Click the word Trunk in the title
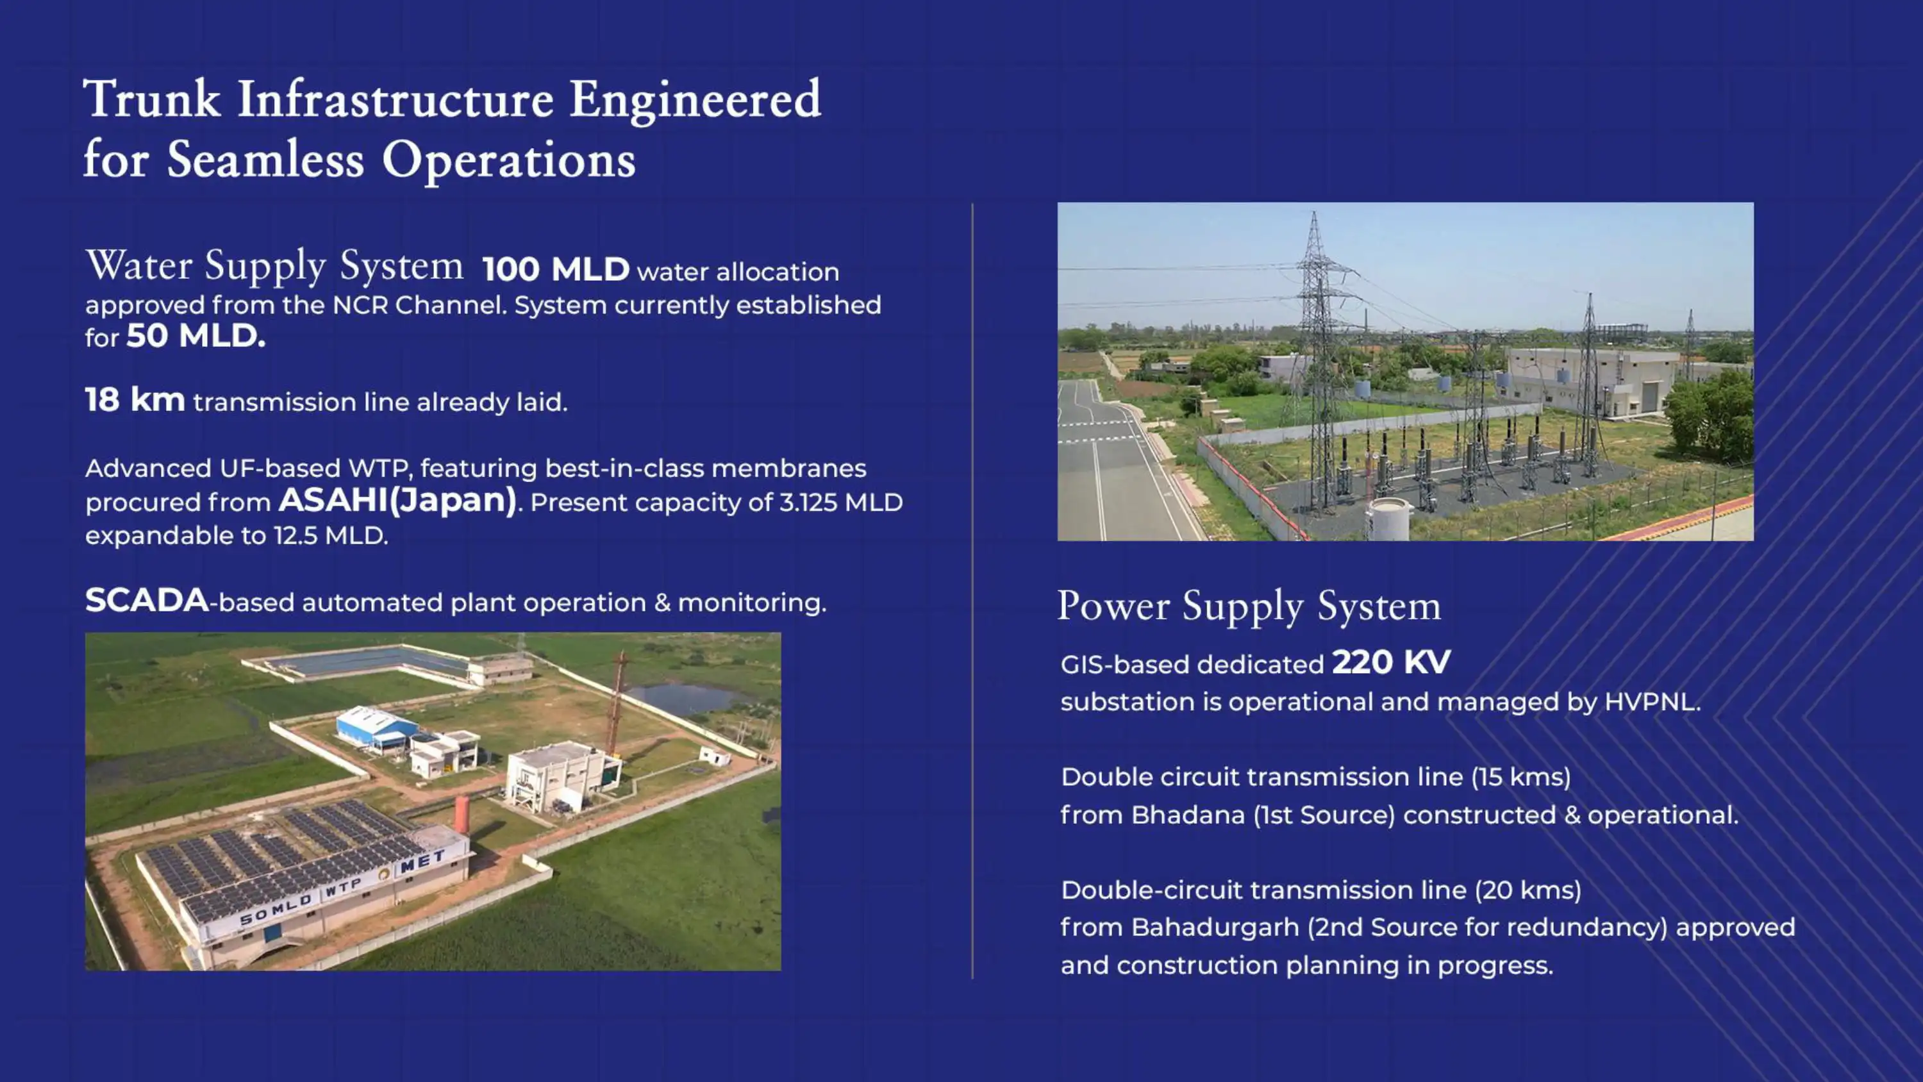coord(151,99)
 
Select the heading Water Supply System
coord(274,266)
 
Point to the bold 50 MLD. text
coord(196,336)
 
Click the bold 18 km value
coord(135,400)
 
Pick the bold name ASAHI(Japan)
coord(398,501)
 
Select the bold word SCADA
coord(146,601)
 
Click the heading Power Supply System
coord(1249,606)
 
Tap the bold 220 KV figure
coord(1392,662)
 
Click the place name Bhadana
coord(1188,815)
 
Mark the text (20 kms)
coord(1528,890)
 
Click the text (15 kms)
coord(1520,778)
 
